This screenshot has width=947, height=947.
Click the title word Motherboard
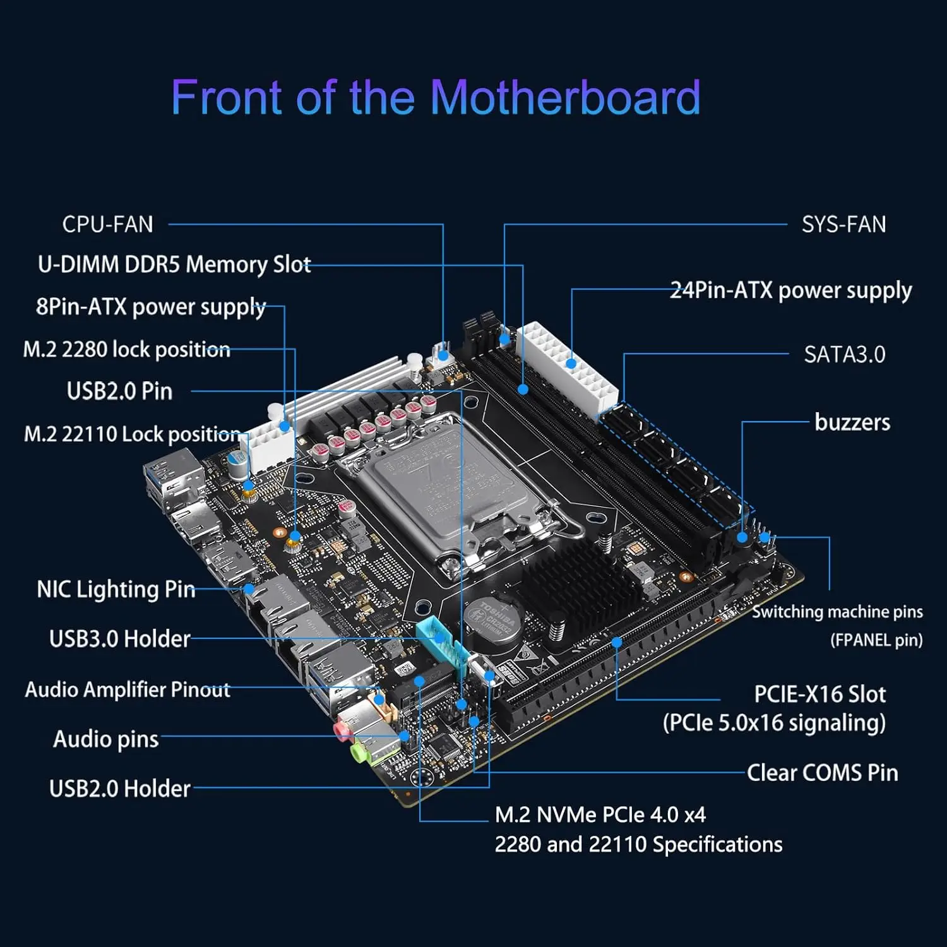tap(565, 98)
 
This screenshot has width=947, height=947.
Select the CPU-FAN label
tap(107, 224)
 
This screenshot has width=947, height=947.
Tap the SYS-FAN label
tap(843, 224)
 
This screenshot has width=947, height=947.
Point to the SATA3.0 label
tap(844, 354)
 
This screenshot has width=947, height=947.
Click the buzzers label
tap(852, 422)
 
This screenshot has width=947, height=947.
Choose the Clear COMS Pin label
tap(822, 773)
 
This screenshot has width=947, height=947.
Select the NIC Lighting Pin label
tap(116, 589)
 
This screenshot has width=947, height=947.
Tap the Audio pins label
tap(105, 739)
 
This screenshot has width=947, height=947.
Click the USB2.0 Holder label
tap(119, 789)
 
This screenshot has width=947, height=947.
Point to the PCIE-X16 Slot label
tap(819, 694)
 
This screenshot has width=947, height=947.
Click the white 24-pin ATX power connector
tap(567, 366)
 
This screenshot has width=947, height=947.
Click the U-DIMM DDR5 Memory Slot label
tap(174, 264)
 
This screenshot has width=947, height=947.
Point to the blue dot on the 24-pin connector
tap(571, 363)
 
